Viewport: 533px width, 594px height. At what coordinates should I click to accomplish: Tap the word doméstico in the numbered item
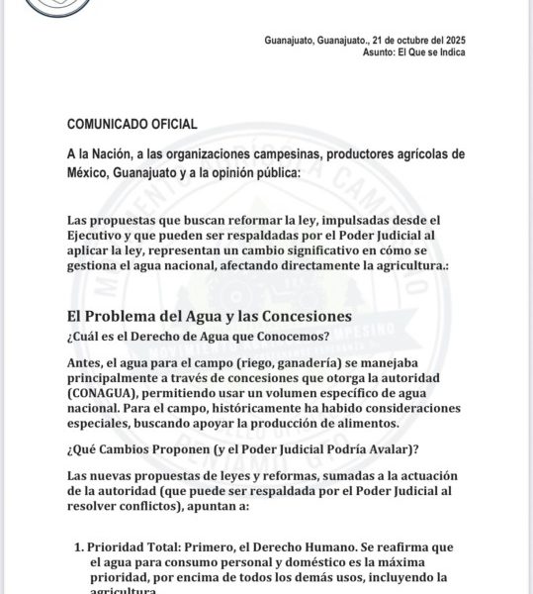pyautogui.click(x=314, y=561)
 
